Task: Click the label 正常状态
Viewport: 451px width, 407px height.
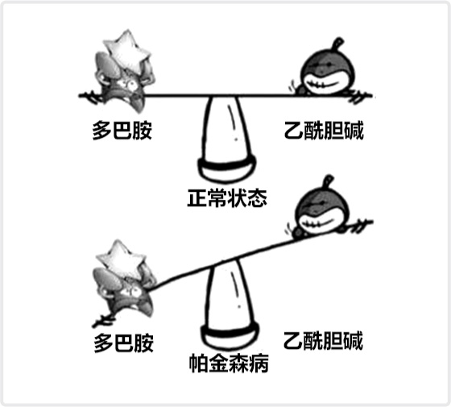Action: pyautogui.click(x=227, y=198)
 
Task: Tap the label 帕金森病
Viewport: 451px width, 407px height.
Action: pyautogui.click(x=229, y=363)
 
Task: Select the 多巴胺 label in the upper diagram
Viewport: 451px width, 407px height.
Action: pyautogui.click(x=122, y=131)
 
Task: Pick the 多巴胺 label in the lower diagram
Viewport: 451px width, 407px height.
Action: pyautogui.click(x=124, y=343)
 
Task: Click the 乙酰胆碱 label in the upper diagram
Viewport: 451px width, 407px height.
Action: pyautogui.click(x=324, y=131)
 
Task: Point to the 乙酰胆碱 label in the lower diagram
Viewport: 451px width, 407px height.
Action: pyautogui.click(x=323, y=341)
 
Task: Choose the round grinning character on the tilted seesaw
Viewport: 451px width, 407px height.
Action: pyautogui.click(x=321, y=209)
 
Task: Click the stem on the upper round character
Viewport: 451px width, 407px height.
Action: pyautogui.click(x=337, y=44)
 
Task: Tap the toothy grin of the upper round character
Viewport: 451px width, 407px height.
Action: pyautogui.click(x=326, y=84)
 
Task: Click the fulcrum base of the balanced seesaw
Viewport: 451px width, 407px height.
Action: pyautogui.click(x=226, y=169)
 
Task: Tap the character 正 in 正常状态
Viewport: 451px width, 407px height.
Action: pyautogui.click(x=197, y=198)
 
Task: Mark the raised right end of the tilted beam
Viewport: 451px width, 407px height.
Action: pyautogui.click(x=372, y=222)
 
